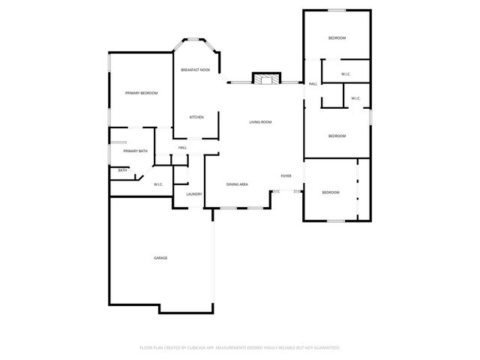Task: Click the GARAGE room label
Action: click(160, 258)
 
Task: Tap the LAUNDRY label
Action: click(194, 194)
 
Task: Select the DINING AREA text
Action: click(238, 184)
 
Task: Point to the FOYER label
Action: click(286, 175)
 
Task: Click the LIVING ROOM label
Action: click(261, 121)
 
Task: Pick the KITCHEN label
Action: click(196, 117)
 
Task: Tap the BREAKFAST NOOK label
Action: click(195, 70)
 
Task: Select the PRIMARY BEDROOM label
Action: click(142, 93)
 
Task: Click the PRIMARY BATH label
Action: click(136, 151)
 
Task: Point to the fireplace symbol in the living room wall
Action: click(265, 78)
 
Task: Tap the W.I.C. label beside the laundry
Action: click(159, 184)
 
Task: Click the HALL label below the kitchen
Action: click(183, 148)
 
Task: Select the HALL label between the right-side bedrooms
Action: click(312, 84)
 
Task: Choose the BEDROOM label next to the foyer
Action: click(331, 193)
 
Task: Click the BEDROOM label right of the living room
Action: click(337, 136)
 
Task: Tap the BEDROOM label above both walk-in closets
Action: click(337, 38)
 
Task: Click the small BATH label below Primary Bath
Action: click(122, 170)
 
